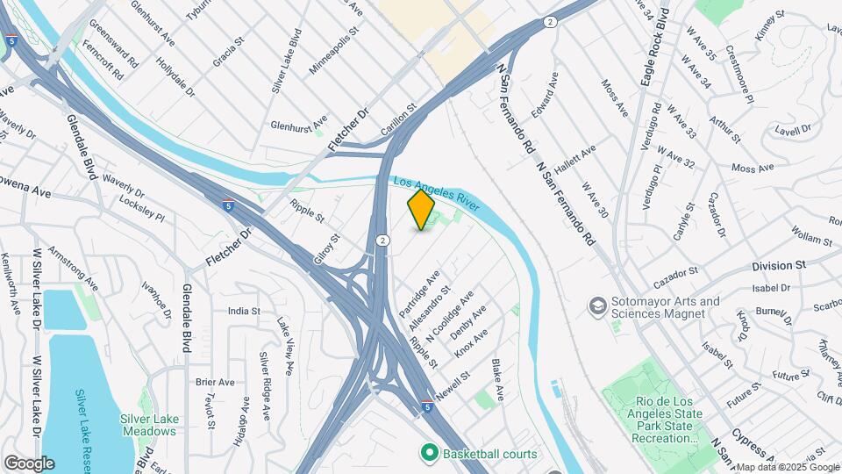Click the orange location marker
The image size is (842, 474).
pos(421,210)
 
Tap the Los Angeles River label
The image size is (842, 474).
pos(436,194)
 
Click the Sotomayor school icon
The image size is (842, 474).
pos(598,306)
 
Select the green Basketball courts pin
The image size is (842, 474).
pos(429,453)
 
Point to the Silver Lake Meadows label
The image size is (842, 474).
pos(149,425)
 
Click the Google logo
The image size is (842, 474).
pos(29,463)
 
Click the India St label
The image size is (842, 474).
pos(244,311)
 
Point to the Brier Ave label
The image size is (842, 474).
pos(215,382)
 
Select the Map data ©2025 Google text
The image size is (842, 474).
pos(787,467)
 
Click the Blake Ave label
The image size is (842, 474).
pos(498,379)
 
